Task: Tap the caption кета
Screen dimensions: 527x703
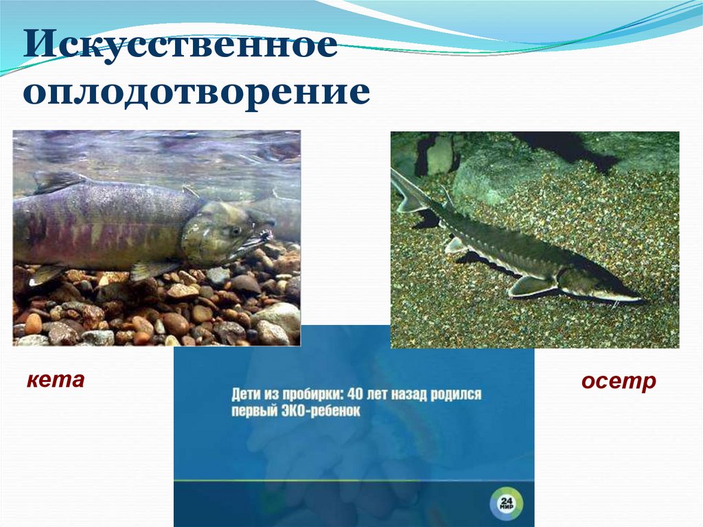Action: pyautogui.click(x=56, y=379)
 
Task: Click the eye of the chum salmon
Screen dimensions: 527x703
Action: pyautogui.click(x=237, y=230)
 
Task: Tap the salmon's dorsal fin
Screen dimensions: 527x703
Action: pyautogui.click(x=58, y=181)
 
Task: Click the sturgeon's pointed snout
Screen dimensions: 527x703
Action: pyautogui.click(x=635, y=300)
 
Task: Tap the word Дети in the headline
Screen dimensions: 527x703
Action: pyautogui.click(x=246, y=395)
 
